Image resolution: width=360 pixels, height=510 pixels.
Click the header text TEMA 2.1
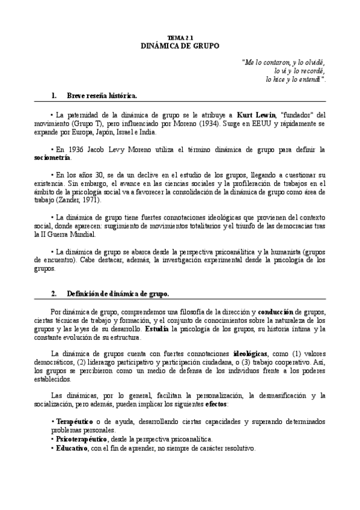click(x=180, y=37)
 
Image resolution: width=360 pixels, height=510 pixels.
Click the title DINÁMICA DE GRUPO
click(x=180, y=46)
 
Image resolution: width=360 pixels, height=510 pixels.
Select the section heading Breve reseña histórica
click(x=102, y=96)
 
